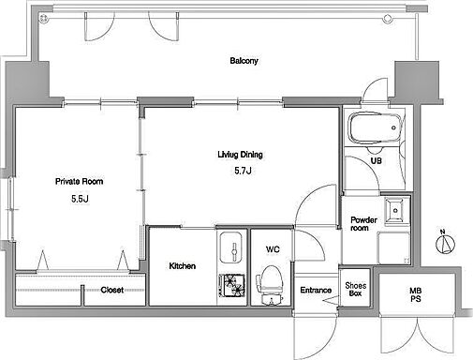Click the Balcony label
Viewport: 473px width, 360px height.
(x=244, y=61)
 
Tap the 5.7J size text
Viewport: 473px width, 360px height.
(x=243, y=171)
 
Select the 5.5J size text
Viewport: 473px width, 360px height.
(x=80, y=199)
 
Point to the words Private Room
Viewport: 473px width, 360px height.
(x=79, y=181)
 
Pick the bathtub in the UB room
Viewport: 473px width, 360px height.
(x=375, y=128)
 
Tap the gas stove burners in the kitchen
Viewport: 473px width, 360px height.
(x=232, y=285)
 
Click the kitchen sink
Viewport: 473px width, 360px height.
(x=231, y=247)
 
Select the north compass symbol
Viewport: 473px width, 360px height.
(x=445, y=243)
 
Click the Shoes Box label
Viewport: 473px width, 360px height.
(x=356, y=289)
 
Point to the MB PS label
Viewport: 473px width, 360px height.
(x=416, y=294)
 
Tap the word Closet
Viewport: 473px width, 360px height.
(x=112, y=290)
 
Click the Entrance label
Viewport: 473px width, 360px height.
(x=316, y=290)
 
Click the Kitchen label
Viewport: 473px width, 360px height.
(x=183, y=266)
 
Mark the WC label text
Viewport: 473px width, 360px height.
(x=273, y=249)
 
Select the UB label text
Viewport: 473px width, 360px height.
(x=376, y=160)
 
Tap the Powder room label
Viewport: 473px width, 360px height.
(x=363, y=224)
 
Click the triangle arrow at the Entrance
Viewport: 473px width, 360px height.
(x=331, y=300)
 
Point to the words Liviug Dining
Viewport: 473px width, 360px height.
(x=240, y=155)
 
